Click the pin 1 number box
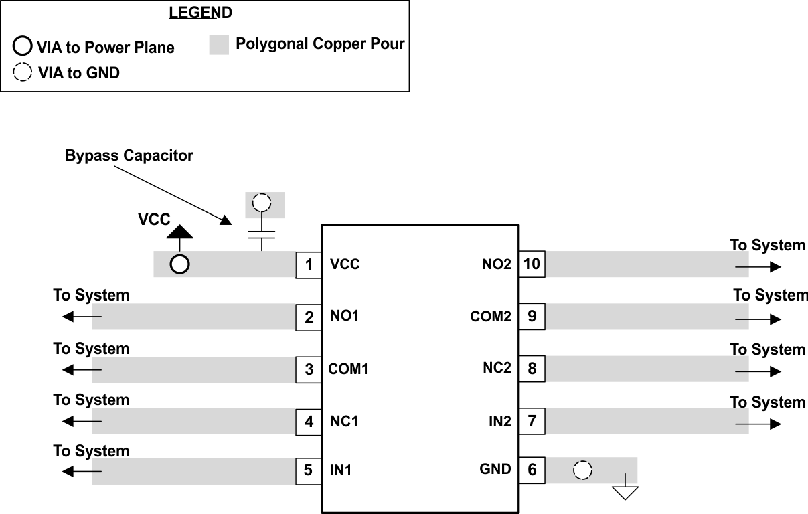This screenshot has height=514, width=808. [309, 265]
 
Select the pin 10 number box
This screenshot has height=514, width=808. [532, 264]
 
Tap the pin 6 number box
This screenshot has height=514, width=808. [532, 470]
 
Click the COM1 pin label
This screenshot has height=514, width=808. [348, 369]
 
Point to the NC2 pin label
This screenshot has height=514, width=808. [497, 368]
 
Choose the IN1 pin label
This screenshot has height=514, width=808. [341, 470]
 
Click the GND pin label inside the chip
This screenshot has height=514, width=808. [495, 469]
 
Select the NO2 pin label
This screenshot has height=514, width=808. [497, 264]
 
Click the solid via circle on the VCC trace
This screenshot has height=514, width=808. [179, 264]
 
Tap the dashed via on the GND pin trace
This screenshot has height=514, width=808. [583, 470]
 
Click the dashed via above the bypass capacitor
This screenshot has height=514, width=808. [262, 203]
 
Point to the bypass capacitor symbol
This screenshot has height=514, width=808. [262, 235]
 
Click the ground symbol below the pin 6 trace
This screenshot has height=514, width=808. [625, 492]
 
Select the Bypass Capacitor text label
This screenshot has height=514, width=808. [129, 156]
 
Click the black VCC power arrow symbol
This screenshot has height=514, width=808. [179, 232]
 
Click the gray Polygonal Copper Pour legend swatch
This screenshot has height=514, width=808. [219, 45]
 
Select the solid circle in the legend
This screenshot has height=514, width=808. [22, 47]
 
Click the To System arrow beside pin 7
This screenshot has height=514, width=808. [758, 424]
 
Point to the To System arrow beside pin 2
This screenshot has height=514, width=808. [82, 316]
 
